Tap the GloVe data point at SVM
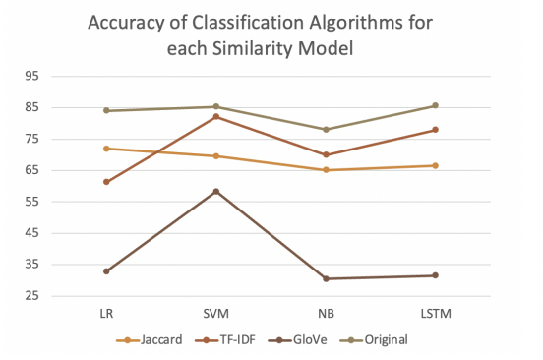[216, 191]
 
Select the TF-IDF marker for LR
[106, 182]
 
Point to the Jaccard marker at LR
[106, 149]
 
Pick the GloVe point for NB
[326, 278]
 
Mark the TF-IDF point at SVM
[216, 116]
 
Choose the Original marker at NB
[326, 129]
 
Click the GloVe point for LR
[106, 270]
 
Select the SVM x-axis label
[216, 313]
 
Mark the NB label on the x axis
[326, 313]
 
